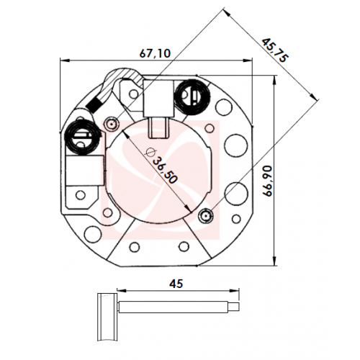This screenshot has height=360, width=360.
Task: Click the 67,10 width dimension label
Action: (x=155, y=53)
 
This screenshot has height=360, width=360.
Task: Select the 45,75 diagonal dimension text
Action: (x=274, y=50)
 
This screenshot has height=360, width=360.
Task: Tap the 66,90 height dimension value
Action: (x=267, y=180)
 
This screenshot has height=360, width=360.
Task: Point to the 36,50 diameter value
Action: (x=165, y=170)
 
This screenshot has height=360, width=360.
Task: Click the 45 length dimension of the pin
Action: (x=176, y=284)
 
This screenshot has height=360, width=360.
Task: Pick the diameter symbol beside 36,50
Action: (x=150, y=152)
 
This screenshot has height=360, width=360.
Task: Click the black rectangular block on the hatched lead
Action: (x=94, y=105)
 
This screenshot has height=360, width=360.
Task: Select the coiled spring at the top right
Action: (x=193, y=96)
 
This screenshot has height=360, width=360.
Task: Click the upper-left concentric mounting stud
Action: (x=111, y=124)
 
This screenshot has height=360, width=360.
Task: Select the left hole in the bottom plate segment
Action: (x=135, y=246)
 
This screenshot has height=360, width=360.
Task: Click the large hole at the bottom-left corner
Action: (x=92, y=233)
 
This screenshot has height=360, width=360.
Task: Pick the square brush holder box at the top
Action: (x=158, y=99)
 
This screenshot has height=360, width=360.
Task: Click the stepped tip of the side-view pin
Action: (x=235, y=306)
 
